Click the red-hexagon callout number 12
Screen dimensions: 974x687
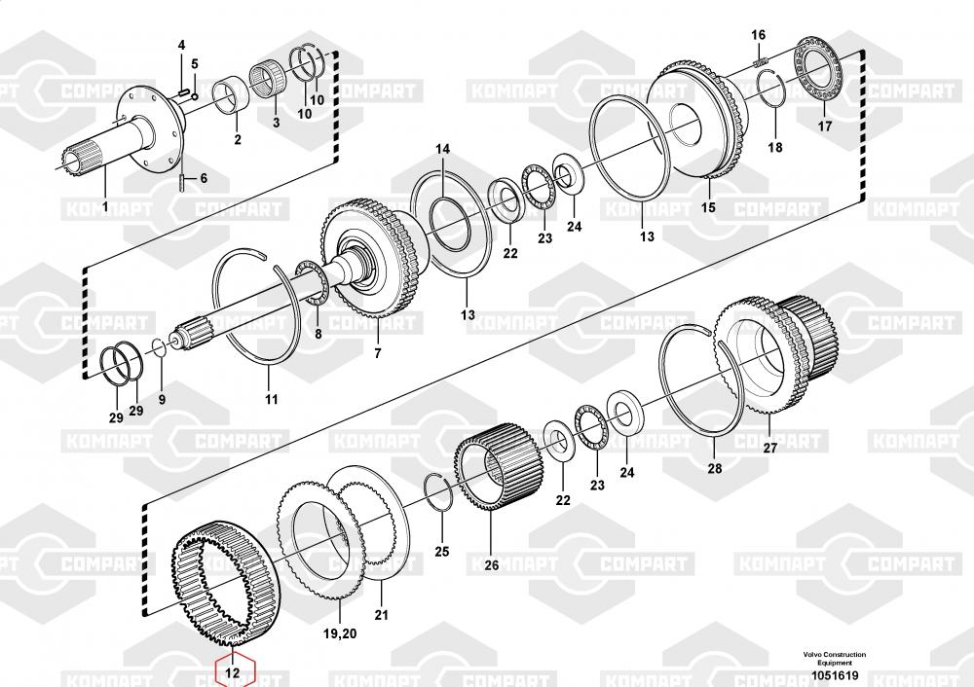tap(232, 672)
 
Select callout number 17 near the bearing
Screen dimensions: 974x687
tap(824, 126)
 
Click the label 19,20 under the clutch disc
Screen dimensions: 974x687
tap(340, 633)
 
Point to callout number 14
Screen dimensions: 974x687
tap(442, 149)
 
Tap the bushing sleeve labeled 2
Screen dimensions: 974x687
tap(231, 96)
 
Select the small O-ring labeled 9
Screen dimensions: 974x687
tap(159, 347)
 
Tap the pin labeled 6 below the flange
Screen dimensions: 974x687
tap(181, 183)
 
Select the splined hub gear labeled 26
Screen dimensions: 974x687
tap(499, 467)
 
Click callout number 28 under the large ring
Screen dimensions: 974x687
tap(715, 469)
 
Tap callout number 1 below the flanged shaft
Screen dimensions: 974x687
tap(105, 206)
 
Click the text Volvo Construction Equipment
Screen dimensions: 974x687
tap(835, 659)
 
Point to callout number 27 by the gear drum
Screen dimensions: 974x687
tap(769, 448)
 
